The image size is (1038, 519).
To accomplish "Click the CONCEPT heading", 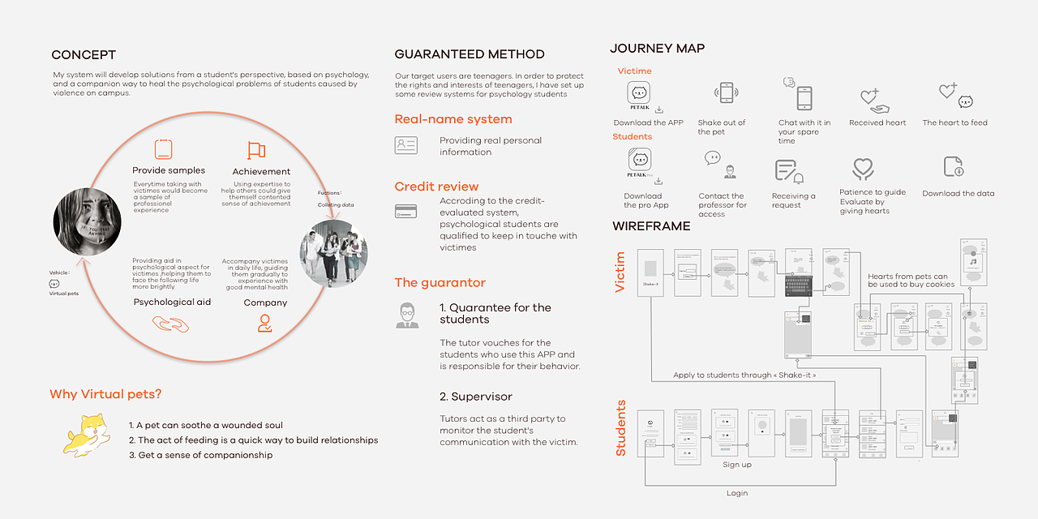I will [84, 55].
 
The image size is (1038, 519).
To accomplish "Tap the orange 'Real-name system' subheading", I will [453, 119].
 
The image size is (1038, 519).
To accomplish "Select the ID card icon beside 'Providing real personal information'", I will [405, 145].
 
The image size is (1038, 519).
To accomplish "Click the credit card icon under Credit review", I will [405, 211].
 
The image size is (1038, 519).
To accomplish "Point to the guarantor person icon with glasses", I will [407, 315].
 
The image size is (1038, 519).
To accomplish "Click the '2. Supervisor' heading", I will [476, 397].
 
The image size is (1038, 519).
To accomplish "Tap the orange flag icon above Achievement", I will [256, 150].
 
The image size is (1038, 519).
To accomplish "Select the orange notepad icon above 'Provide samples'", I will [163, 149].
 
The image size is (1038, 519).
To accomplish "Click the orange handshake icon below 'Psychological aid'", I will [170, 324].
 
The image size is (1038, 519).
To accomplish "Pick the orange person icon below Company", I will [264, 324].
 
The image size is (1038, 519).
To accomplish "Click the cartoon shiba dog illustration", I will [86, 433].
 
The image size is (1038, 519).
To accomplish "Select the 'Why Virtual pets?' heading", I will [105, 394].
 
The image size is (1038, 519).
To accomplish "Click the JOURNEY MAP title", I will [657, 49].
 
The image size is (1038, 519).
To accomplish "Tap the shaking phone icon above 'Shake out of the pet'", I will [727, 93].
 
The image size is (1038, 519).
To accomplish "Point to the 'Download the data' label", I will [958, 194].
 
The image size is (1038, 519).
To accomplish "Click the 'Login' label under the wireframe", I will [737, 493].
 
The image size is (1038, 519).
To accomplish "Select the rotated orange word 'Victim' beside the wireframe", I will [621, 272].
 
